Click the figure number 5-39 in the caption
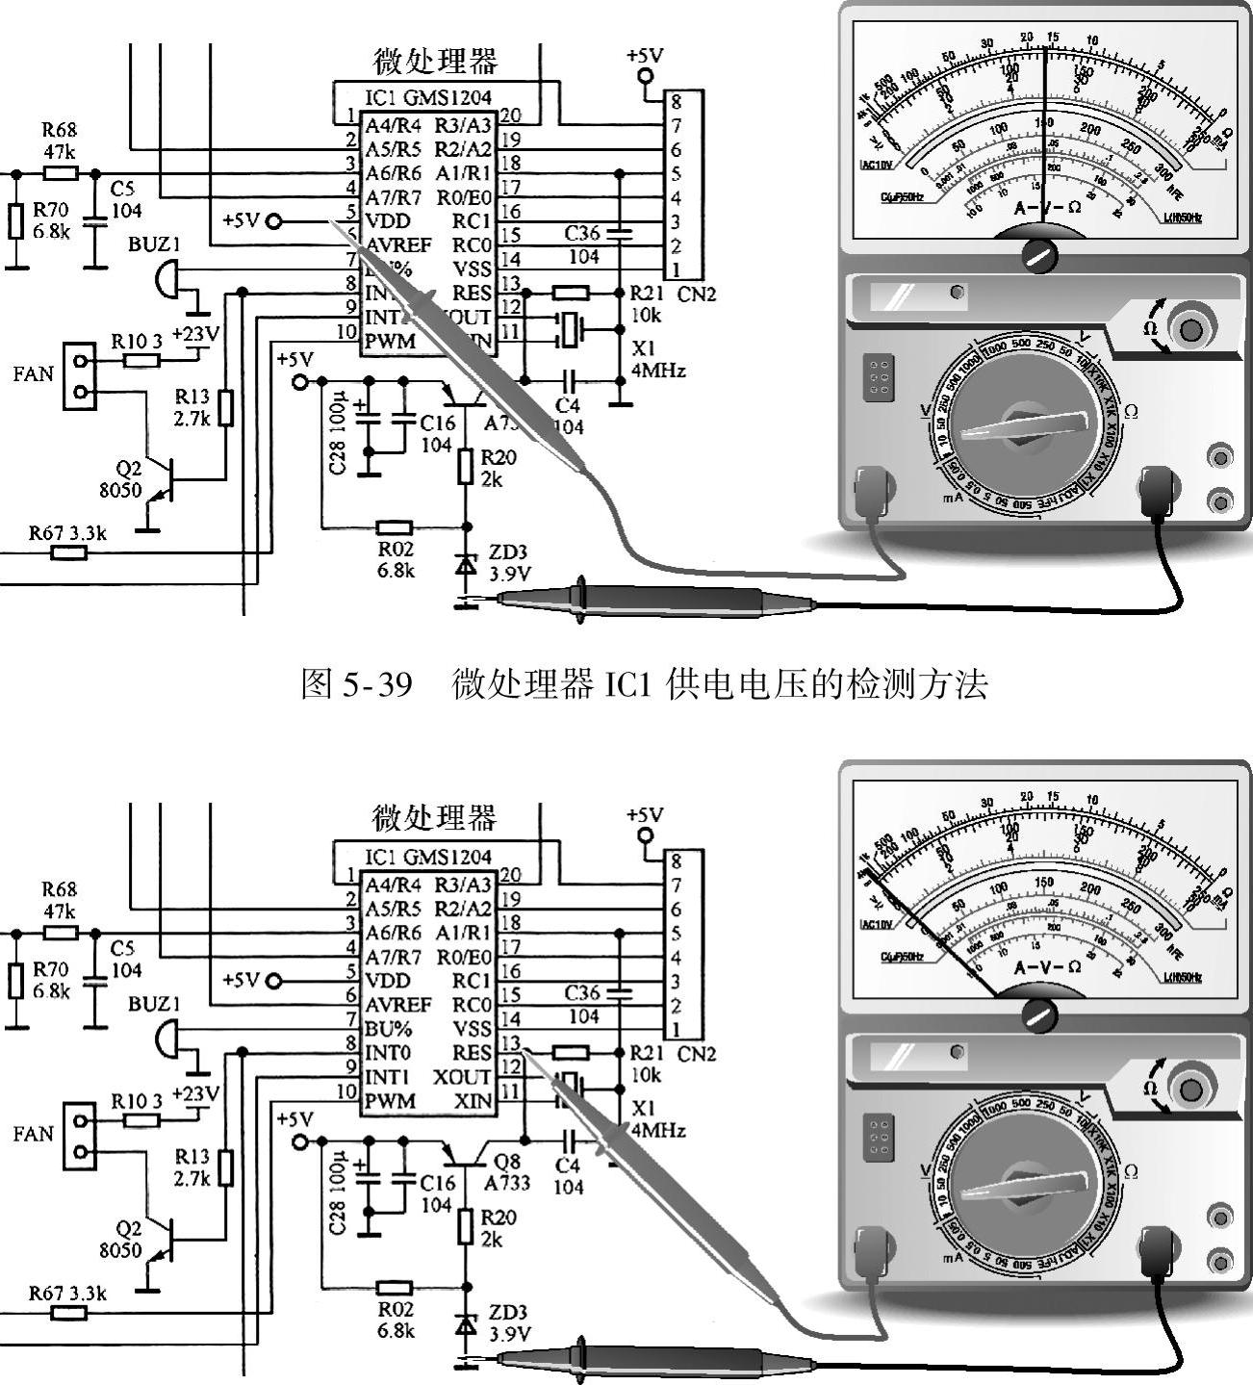coord(371,684)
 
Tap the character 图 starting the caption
coord(317,684)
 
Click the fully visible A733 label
coord(507,1183)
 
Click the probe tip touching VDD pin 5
coord(332,223)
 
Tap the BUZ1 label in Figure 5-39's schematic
coord(154,244)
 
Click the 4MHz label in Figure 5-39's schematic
coord(657,371)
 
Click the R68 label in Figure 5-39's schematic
coord(59,130)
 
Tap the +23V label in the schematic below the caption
coord(195,1094)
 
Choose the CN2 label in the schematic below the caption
coord(697,1054)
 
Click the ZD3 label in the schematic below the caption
coord(508,1313)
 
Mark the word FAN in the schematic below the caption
coord(33,1134)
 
